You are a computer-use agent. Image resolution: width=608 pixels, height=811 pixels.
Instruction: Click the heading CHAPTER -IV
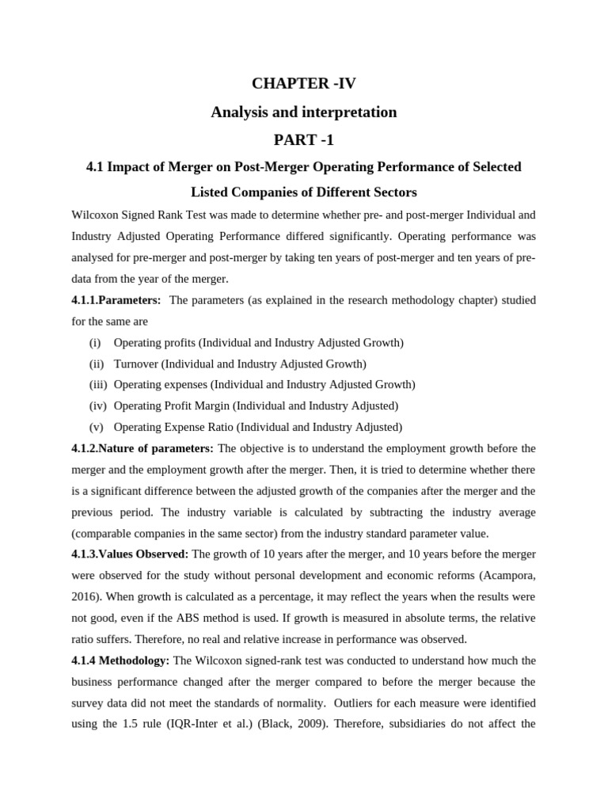pos(303,83)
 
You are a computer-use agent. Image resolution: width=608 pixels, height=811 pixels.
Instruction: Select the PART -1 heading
pos(303,140)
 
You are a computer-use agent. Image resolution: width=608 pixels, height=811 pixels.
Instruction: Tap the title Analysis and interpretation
pos(303,112)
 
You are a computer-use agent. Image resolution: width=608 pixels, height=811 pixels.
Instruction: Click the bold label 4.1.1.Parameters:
pos(116,300)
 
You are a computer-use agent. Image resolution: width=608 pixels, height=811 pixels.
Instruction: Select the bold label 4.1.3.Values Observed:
pos(130,554)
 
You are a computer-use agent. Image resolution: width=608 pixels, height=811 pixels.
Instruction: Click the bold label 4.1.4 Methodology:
pos(120,660)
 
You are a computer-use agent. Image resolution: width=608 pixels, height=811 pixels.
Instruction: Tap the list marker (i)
pos(95,343)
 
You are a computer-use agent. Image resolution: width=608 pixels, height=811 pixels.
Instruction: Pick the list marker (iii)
pos(97,385)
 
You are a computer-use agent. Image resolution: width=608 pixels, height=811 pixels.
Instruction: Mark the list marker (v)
pos(96,427)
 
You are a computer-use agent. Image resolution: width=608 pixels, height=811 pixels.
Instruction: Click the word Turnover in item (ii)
pos(135,364)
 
